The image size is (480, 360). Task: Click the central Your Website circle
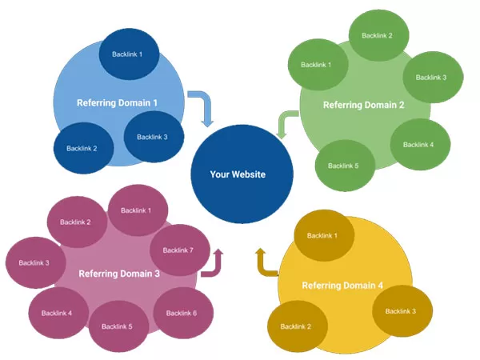tap(242, 174)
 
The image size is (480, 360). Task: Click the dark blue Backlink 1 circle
tap(129, 54)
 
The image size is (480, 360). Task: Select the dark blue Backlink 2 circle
tap(83, 148)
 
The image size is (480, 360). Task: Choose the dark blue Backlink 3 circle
tap(154, 137)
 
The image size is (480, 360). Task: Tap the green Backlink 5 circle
tap(345, 166)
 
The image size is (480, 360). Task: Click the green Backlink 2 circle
tap(379, 35)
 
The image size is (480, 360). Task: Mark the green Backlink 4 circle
tap(420, 145)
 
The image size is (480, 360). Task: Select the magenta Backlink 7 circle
tap(180, 250)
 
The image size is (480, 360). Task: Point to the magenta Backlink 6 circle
tap(183, 313)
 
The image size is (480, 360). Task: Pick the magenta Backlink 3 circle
tap(35, 262)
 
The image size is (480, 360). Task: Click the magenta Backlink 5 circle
tap(118, 326)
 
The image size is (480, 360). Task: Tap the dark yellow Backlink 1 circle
tap(324, 235)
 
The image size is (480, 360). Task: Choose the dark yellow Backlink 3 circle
tap(402, 311)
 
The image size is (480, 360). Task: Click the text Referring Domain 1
tap(117, 103)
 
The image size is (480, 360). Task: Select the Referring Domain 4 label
tap(342, 286)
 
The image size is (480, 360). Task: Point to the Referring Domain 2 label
tap(364, 106)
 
